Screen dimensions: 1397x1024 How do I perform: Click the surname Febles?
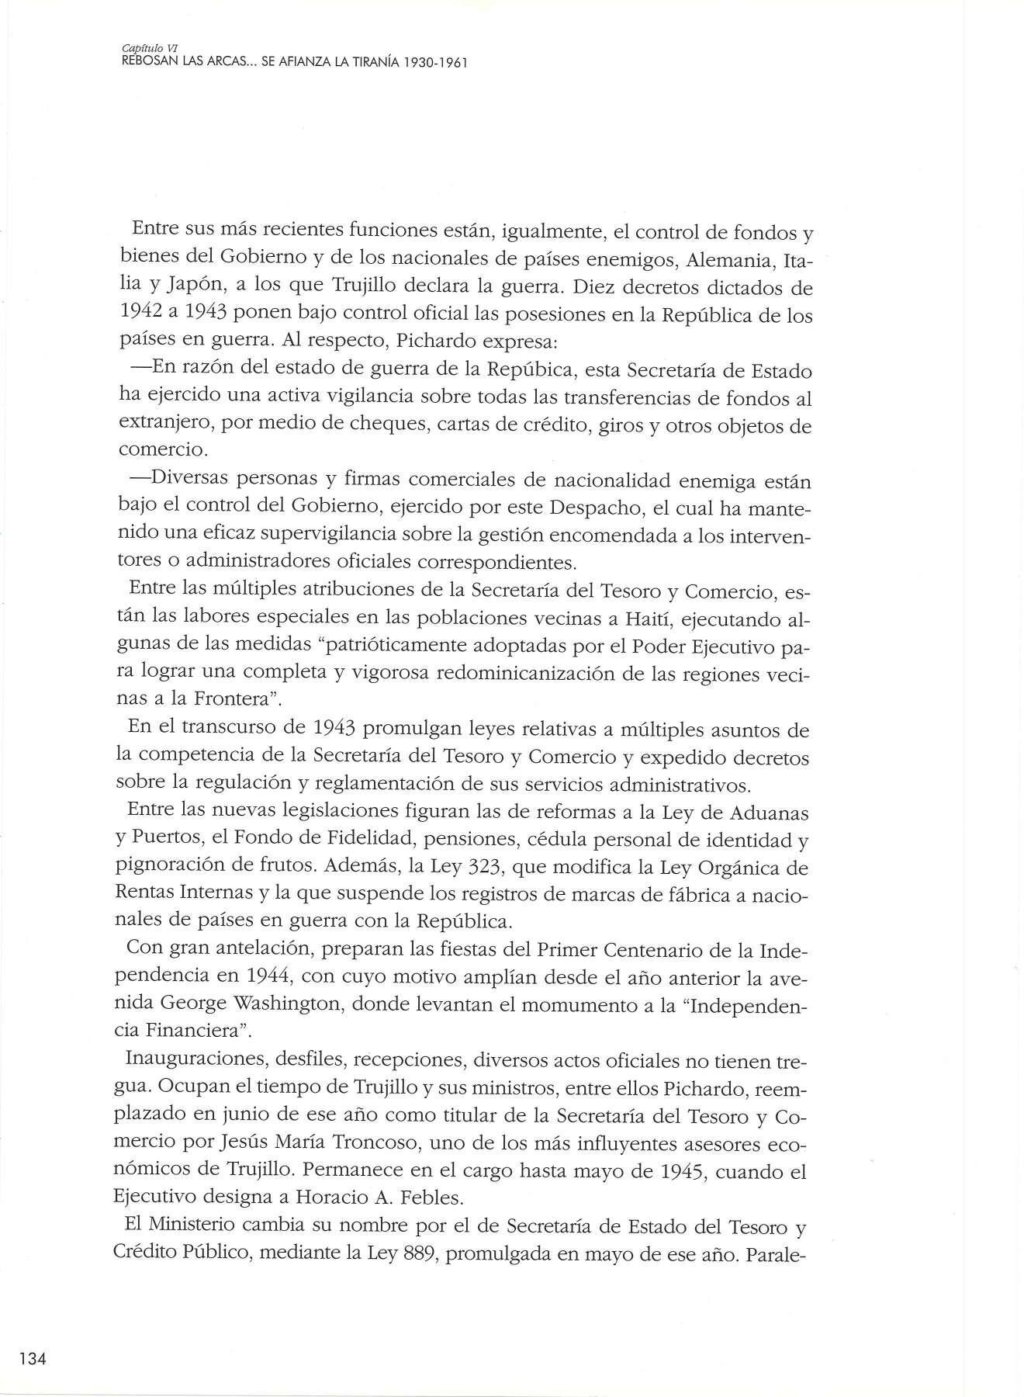430,1198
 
